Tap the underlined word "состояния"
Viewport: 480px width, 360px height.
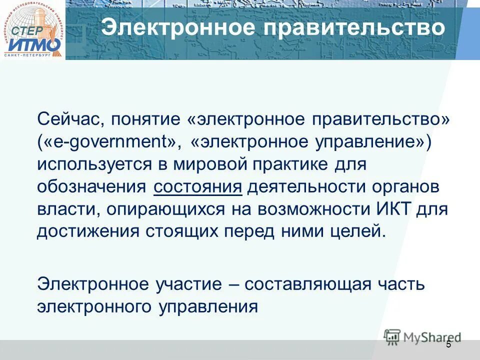[x=198, y=187]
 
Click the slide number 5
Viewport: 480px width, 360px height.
[x=448, y=344]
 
